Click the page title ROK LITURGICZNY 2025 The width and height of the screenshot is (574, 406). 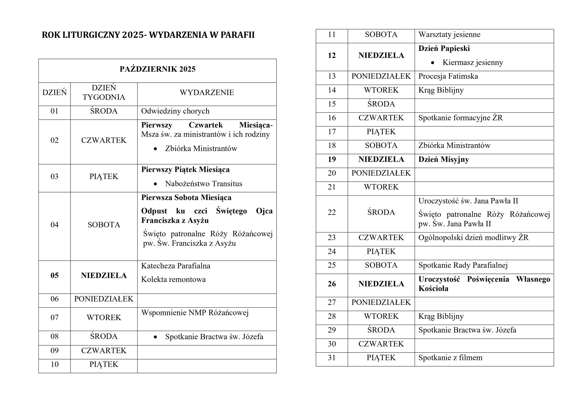148,35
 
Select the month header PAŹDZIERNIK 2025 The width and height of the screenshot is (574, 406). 157,69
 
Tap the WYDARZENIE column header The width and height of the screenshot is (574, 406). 207,93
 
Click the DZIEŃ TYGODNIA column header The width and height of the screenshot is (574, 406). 104,93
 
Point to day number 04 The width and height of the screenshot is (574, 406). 54,225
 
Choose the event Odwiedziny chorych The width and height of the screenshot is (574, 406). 175,111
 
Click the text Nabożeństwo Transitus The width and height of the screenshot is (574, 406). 204,184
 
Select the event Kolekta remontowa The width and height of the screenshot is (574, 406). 173,279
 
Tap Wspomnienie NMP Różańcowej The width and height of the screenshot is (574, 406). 195,313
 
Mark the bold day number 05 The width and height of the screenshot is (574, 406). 54,275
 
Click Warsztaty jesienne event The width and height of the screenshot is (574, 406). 449,35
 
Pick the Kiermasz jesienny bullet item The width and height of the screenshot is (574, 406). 472,62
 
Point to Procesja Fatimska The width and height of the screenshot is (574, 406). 448,76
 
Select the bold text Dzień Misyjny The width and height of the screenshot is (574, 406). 444,159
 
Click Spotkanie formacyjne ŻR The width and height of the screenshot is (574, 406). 460,118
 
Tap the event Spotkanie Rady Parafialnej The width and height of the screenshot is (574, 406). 463,265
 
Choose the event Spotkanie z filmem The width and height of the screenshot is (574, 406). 450,358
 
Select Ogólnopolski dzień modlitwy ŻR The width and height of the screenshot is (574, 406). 473,237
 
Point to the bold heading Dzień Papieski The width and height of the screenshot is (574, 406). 444,48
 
